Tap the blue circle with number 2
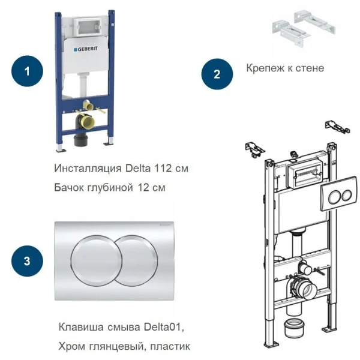coord(217,74)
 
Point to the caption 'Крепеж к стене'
coord(285,68)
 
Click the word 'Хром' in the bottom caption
coord(72,346)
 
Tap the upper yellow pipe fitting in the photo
coord(88,106)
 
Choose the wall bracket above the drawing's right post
coord(336,127)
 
